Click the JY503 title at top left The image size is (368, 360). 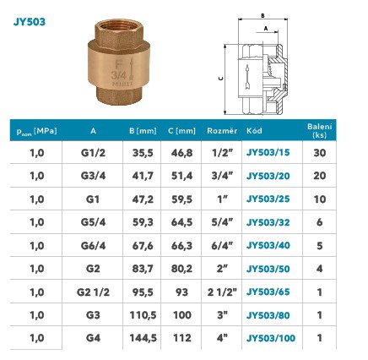coord(30,22)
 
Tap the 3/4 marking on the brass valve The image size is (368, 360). coord(119,75)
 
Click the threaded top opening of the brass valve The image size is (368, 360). coord(119,26)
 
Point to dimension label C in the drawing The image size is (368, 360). coord(221,78)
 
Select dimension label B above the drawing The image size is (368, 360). coord(262,16)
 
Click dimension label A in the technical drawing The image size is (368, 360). coord(266,29)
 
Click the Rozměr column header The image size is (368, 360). coord(222,131)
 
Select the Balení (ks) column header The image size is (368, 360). coord(319,130)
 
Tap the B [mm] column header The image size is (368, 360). coord(143,131)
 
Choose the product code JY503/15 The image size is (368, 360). coord(268,152)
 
